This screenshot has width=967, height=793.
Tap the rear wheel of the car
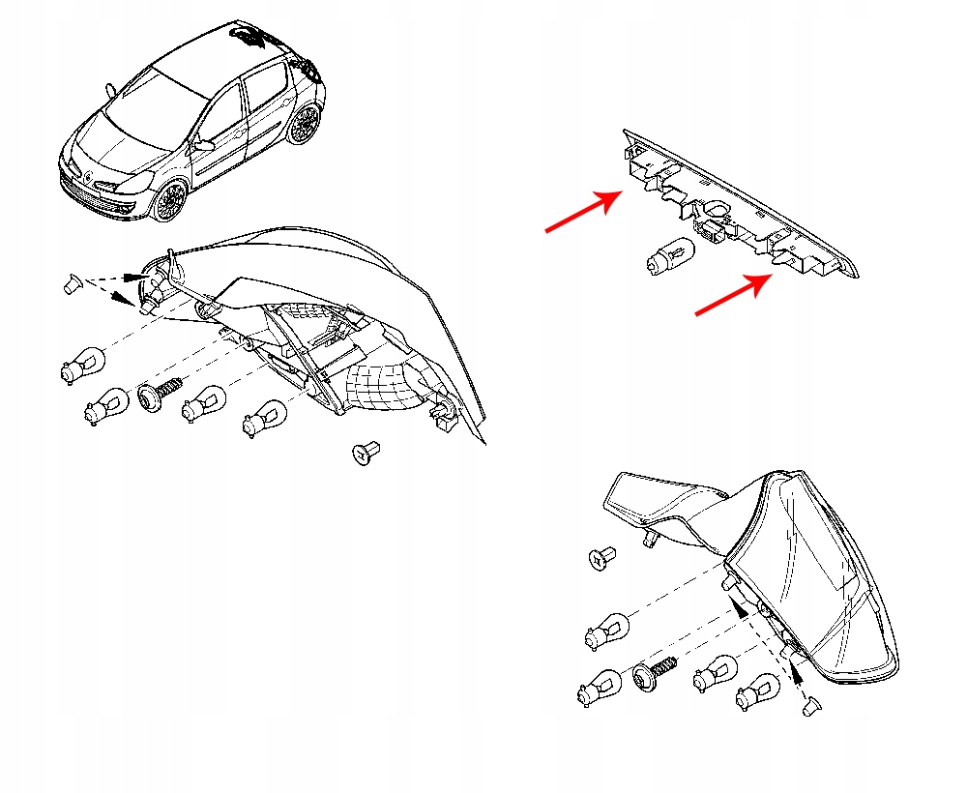pos(306,124)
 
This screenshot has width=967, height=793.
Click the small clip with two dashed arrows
pos(70,283)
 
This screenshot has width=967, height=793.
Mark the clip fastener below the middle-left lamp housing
pos(366,452)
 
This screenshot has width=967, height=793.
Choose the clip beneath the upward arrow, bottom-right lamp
pos(810,708)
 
